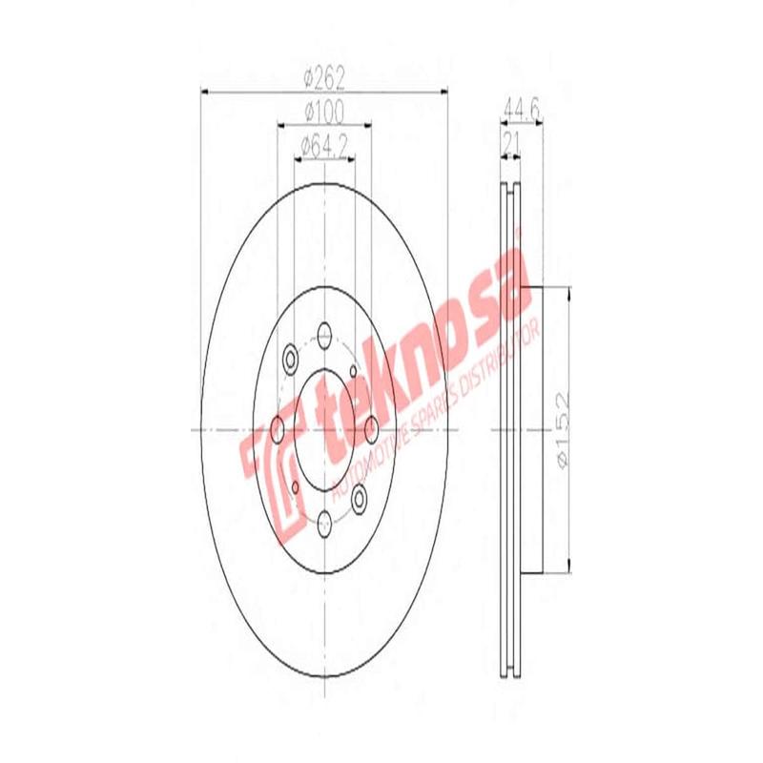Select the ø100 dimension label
click(x=324, y=113)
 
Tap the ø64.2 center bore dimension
click(x=324, y=146)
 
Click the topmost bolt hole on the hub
click(x=324, y=336)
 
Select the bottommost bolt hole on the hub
click(x=324, y=521)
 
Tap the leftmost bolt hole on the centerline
click(x=278, y=429)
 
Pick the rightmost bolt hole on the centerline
click(x=371, y=429)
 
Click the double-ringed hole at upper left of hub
click(x=290, y=360)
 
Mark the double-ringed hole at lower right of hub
click(x=360, y=496)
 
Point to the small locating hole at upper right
click(x=354, y=370)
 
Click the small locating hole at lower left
click(x=295, y=488)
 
